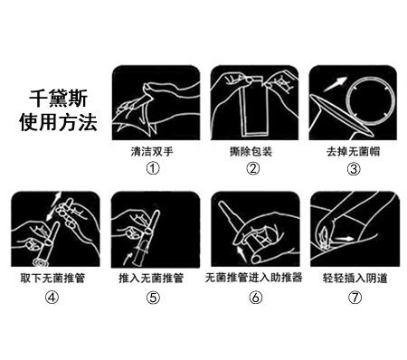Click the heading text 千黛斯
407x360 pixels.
pyautogui.click(x=58, y=98)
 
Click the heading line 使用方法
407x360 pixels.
pyautogui.click(x=58, y=122)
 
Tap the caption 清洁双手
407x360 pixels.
pyautogui.click(x=152, y=151)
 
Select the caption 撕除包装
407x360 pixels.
pyautogui.click(x=251, y=151)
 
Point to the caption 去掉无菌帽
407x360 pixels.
pyautogui.click(x=353, y=151)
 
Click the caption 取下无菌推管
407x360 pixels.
pyautogui.click(x=52, y=278)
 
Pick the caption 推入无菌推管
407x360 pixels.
pyautogui.click(x=151, y=278)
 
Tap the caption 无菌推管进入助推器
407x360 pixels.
pyautogui.click(x=254, y=278)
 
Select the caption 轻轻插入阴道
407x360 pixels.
pyautogui.click(x=355, y=278)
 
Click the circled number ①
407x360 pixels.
pyautogui.click(x=153, y=168)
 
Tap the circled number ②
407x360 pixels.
pyautogui.click(x=252, y=168)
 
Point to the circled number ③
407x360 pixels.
pyautogui.click(x=354, y=169)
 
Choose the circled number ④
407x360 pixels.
pyautogui.click(x=52, y=298)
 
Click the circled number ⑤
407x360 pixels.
pyautogui.click(x=153, y=298)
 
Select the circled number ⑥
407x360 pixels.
pyautogui.click(x=255, y=298)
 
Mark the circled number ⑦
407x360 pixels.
pyautogui.click(x=355, y=298)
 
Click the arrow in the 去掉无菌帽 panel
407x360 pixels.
pyautogui.click(x=335, y=84)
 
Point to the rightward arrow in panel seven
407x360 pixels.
pyautogui.click(x=343, y=239)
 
